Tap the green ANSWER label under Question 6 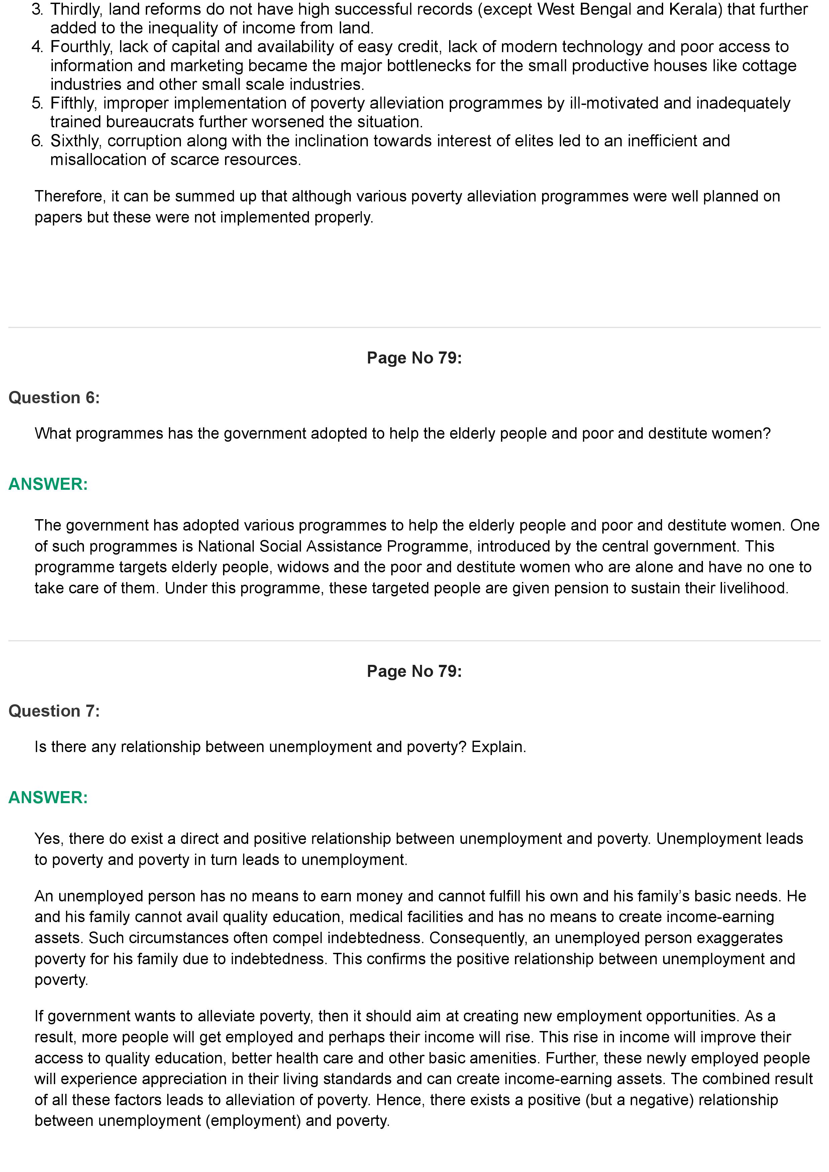click(x=48, y=484)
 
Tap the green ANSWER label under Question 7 click(x=48, y=797)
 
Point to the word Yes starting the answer click(x=48, y=839)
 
